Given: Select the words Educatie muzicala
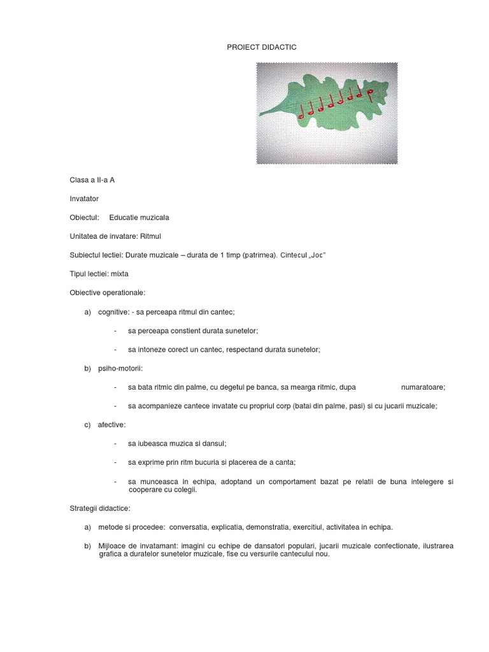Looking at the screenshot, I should pyautogui.click(x=139, y=217).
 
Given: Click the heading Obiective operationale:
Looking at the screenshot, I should pyautogui.click(x=108, y=292).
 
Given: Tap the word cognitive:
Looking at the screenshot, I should pyautogui.click(x=114, y=312).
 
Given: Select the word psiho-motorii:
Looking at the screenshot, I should pyautogui.click(x=120, y=368).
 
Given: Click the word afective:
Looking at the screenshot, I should pyautogui.click(x=112, y=424).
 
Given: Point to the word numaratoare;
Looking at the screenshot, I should pyautogui.click(x=423, y=386).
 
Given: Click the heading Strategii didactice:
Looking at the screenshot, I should pyautogui.click(x=99, y=508).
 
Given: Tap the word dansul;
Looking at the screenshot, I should pyautogui.click(x=211, y=443).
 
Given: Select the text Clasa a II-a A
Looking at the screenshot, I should pyautogui.click(x=92, y=180).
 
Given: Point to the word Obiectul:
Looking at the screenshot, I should pyautogui.click(x=84, y=217).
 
